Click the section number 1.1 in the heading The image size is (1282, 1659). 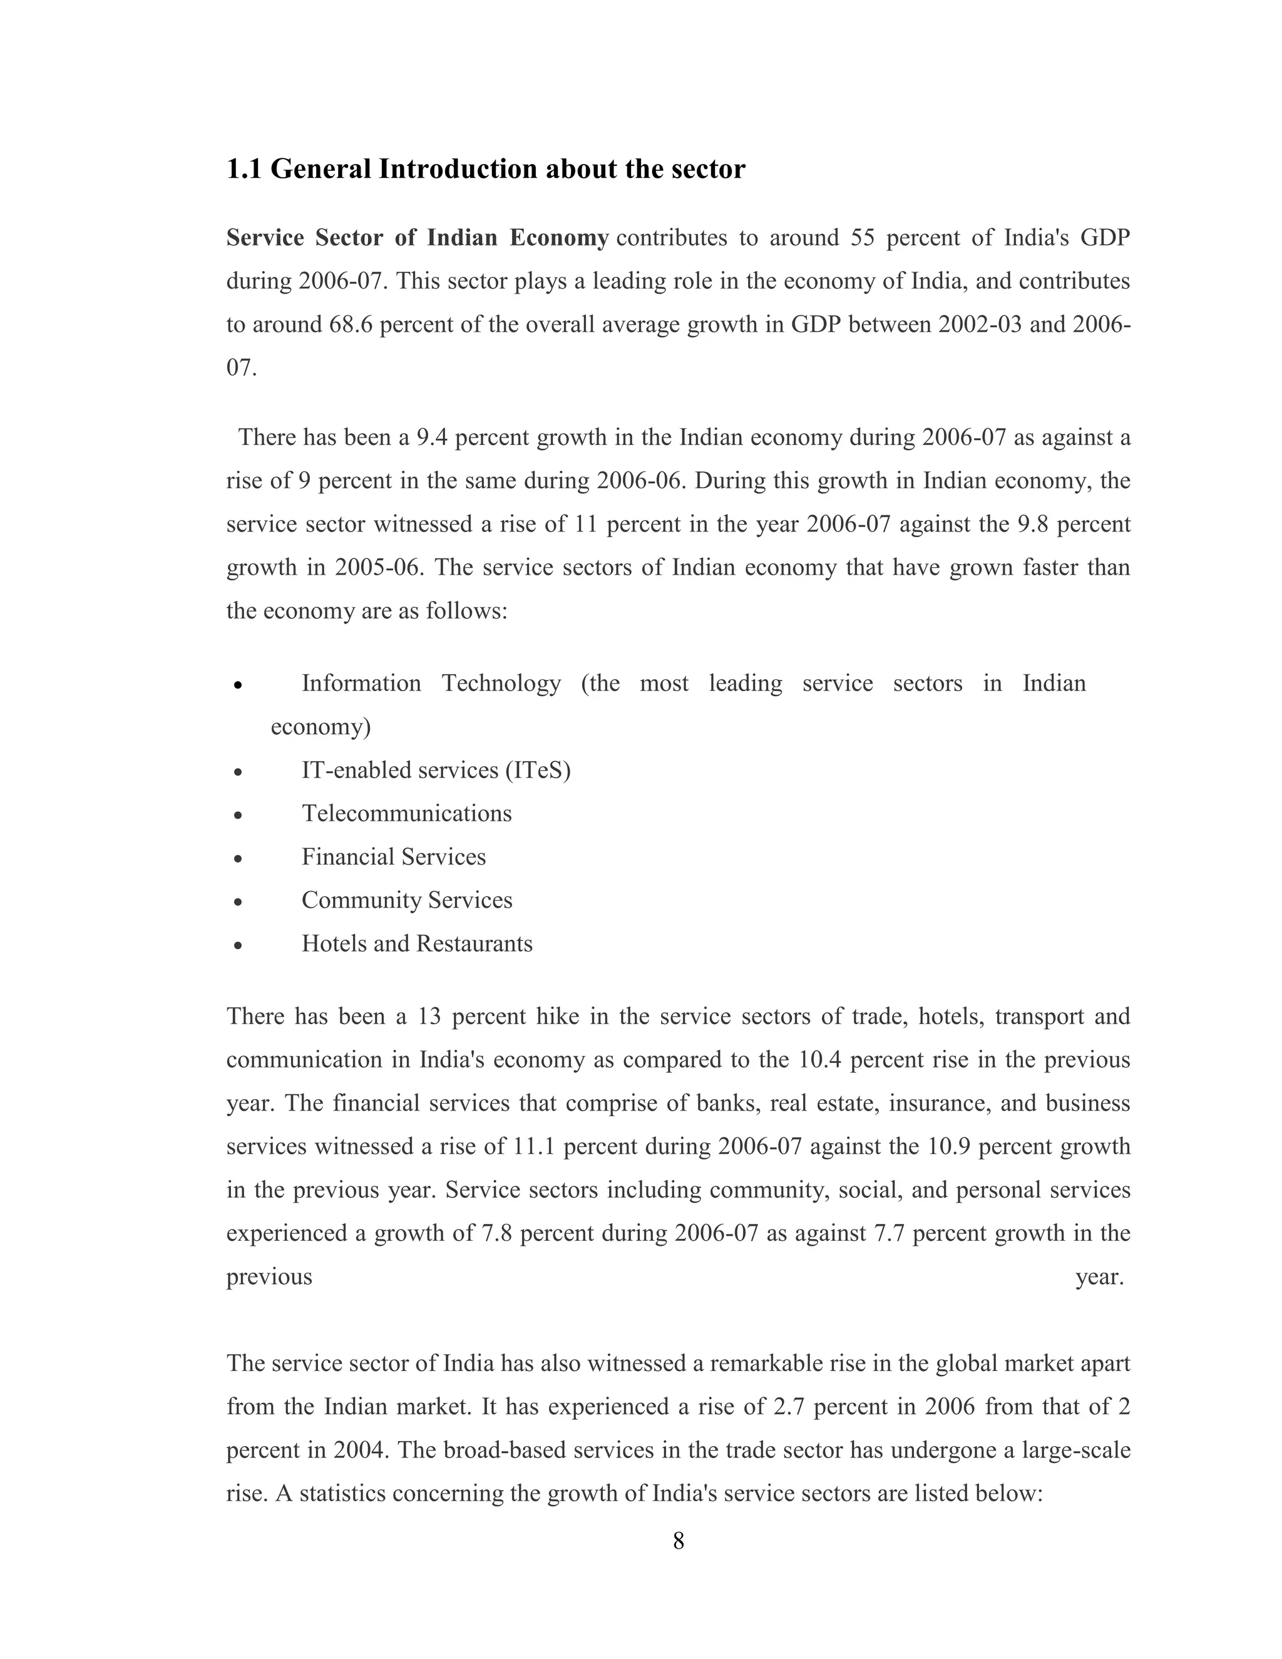(243, 168)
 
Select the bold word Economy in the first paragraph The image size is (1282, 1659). (558, 238)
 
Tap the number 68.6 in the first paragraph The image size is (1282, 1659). (351, 324)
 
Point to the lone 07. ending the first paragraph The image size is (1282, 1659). (242, 367)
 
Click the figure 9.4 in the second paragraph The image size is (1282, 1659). (432, 438)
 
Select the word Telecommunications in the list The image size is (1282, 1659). (406, 814)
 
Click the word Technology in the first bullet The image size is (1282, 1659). (501, 684)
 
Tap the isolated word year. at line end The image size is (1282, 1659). (1099, 1277)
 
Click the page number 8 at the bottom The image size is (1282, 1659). (678, 1541)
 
